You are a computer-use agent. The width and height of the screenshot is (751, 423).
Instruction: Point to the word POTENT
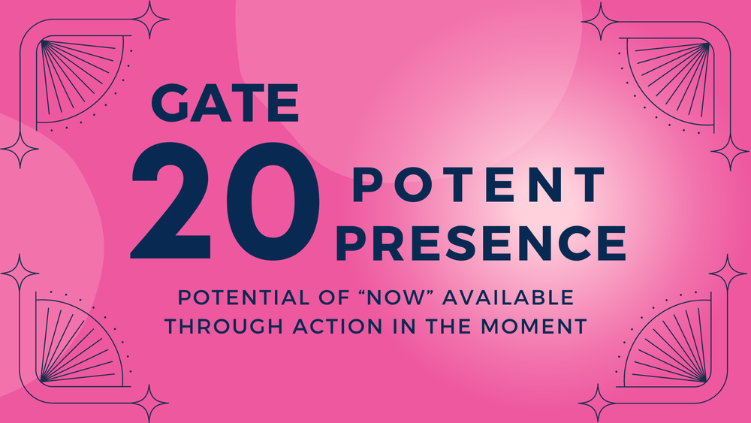[x=478, y=185]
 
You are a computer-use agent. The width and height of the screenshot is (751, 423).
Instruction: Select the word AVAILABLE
[x=507, y=298]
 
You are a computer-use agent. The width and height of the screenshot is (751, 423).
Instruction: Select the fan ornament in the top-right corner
[x=671, y=75]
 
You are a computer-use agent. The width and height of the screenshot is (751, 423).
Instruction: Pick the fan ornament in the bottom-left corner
[x=79, y=342]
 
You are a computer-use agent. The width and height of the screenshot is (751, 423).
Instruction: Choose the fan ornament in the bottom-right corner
[x=671, y=342]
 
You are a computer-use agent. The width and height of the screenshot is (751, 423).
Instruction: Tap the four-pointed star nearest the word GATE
[x=149, y=20]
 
